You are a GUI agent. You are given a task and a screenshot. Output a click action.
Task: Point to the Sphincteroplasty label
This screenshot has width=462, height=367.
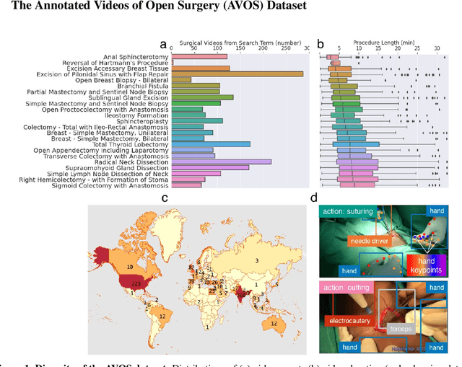[144, 121]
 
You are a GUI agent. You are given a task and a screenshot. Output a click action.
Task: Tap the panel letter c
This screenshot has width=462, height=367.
[165, 198]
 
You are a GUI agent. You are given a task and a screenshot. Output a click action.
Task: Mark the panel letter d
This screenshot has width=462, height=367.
[313, 198]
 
